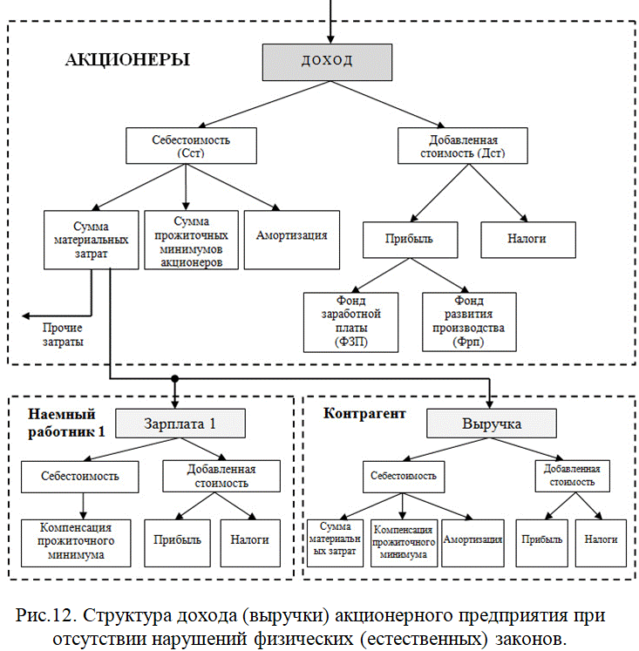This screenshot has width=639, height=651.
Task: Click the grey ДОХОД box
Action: pyautogui.click(x=327, y=62)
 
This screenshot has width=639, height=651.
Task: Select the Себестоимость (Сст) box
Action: pyautogui.click(x=191, y=146)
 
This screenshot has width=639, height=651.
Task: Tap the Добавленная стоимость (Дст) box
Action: pyautogui.click(x=463, y=146)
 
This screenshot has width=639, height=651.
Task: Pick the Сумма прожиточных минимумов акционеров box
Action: pyautogui.click(x=192, y=240)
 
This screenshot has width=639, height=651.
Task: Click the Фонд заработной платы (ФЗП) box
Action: pyautogui.click(x=350, y=322)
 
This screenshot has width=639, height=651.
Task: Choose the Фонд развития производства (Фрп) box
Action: pyautogui.click(x=469, y=322)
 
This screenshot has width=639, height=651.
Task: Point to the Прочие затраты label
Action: pyautogui.click(x=63, y=335)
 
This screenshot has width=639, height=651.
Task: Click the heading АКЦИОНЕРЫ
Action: pyautogui.click(x=127, y=60)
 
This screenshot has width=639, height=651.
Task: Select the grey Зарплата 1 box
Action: pyautogui.click(x=180, y=424)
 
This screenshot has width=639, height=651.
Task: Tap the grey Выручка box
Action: pyautogui.click(x=492, y=424)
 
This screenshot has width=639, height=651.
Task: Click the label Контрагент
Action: pyautogui.click(x=364, y=413)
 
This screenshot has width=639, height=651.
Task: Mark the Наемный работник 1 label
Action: pyautogui.click(x=66, y=423)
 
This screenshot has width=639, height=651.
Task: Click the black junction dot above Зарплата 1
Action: pyautogui.click(x=175, y=378)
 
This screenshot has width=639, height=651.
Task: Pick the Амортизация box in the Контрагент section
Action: pyautogui.click(x=472, y=543)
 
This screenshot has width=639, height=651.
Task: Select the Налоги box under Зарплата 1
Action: pyautogui.click(x=250, y=543)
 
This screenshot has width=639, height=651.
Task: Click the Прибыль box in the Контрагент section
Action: pyautogui.click(x=542, y=543)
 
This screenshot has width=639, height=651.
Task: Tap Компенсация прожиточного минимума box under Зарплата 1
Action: pyautogui.click(x=76, y=543)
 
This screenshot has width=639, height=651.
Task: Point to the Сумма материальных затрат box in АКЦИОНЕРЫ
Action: pyautogui.click(x=91, y=240)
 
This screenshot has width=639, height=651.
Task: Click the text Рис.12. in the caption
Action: pyautogui.click(x=46, y=615)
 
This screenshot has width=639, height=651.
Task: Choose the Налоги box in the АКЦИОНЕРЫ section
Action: pyautogui.click(x=528, y=240)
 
